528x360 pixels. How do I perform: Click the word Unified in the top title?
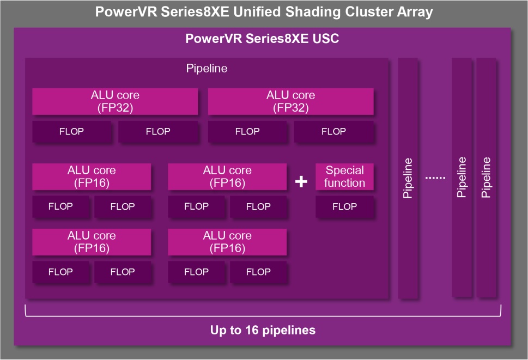257,12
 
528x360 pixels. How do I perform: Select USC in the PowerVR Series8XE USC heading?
326,38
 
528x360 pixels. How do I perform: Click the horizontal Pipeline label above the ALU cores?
207,68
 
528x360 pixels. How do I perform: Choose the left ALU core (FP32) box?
115,101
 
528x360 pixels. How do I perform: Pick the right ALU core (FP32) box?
291,101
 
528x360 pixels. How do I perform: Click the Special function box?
344,176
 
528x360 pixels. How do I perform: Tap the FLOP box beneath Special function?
344,206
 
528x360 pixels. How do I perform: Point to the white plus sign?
301,182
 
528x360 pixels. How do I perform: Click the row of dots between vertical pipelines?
435,178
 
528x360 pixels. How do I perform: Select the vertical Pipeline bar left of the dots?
408,178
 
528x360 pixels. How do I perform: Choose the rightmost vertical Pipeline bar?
486,178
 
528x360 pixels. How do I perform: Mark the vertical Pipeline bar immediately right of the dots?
462,178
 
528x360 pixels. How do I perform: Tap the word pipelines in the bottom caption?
289,331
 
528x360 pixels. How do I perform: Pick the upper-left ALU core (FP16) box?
92,176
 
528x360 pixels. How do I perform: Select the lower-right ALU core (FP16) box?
227,242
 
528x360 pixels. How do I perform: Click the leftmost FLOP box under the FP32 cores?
72,132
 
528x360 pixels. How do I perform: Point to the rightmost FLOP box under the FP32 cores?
333,132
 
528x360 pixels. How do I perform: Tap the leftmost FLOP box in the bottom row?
60,272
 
